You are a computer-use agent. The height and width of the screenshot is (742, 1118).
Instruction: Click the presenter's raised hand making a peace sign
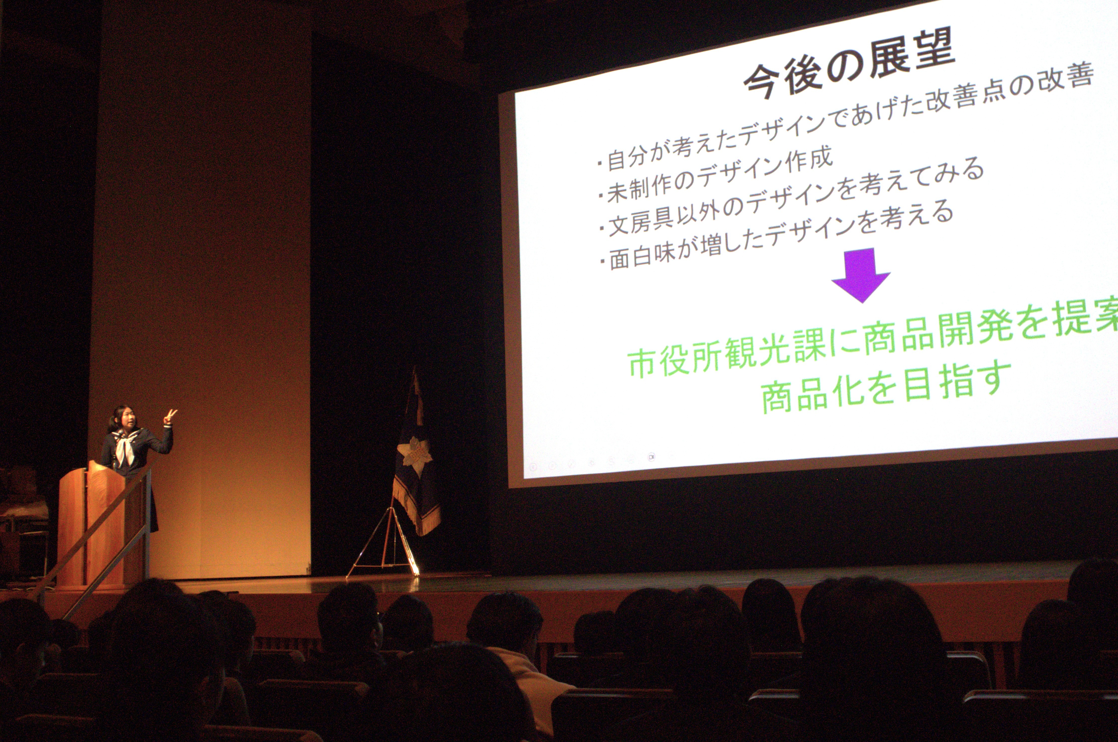(x=169, y=417)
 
